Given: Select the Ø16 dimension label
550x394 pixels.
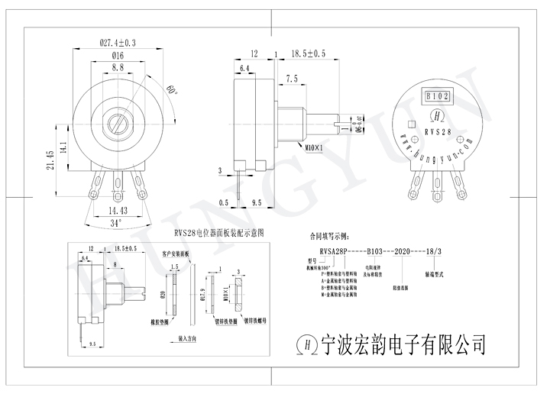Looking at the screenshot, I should click(x=118, y=57).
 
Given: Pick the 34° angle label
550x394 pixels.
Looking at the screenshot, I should click(x=115, y=223).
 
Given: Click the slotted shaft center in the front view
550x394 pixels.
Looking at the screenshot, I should click(x=118, y=121).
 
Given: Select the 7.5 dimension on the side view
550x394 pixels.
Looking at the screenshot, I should click(x=292, y=79).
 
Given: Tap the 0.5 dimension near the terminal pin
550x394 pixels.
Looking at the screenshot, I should click(x=224, y=203).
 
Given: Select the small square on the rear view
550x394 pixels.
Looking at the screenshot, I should click(x=412, y=124).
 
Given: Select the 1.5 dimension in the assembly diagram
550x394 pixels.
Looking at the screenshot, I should click(x=174, y=266).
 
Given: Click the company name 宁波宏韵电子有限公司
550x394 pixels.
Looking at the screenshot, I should click(x=404, y=344).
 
